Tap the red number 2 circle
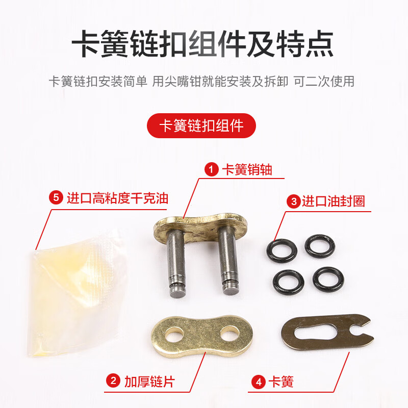[112, 381]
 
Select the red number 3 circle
[293, 201]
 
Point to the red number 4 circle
[259, 381]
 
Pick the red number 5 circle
[57, 198]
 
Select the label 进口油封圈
[333, 201]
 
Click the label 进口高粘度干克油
[117, 198]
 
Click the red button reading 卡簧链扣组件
[201, 125]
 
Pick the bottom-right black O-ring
[328, 279]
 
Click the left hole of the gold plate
[175, 335]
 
